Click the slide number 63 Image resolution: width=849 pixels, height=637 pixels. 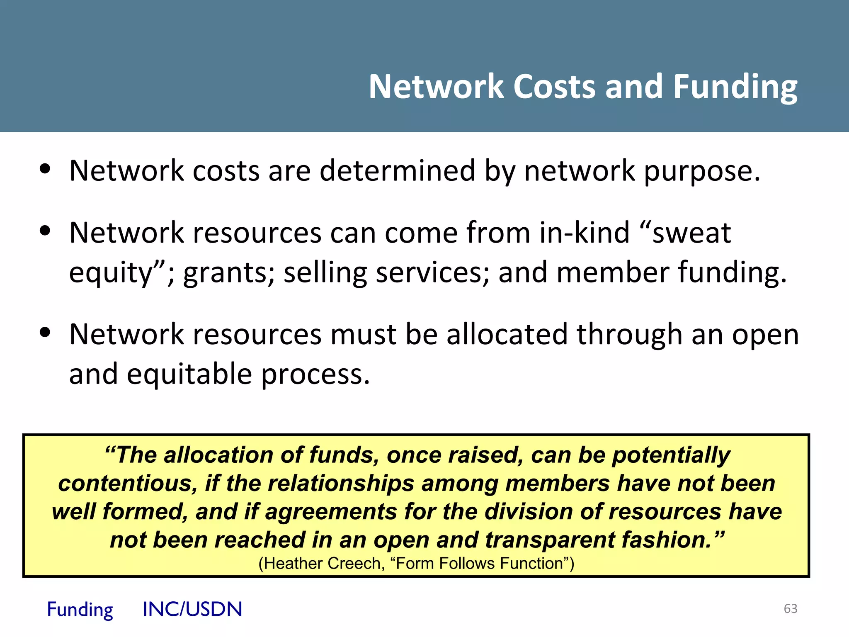tap(791, 608)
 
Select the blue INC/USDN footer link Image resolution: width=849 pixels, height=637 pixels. tap(192, 609)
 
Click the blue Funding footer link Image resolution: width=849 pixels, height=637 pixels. tap(80, 610)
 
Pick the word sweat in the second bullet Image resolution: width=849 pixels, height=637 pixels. tap(691, 232)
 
